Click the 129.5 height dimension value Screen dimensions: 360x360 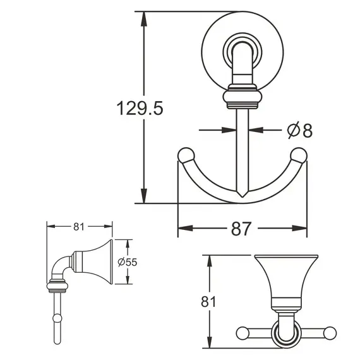[140, 108]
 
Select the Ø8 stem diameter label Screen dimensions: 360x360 [299, 131]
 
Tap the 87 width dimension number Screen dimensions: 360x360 [241, 229]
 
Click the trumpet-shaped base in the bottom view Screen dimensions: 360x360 [285, 278]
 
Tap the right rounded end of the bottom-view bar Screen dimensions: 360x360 [330, 332]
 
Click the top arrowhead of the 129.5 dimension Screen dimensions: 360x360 [145, 16]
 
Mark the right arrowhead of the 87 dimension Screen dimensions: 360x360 [303, 229]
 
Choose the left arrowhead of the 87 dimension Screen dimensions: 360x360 [183, 229]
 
